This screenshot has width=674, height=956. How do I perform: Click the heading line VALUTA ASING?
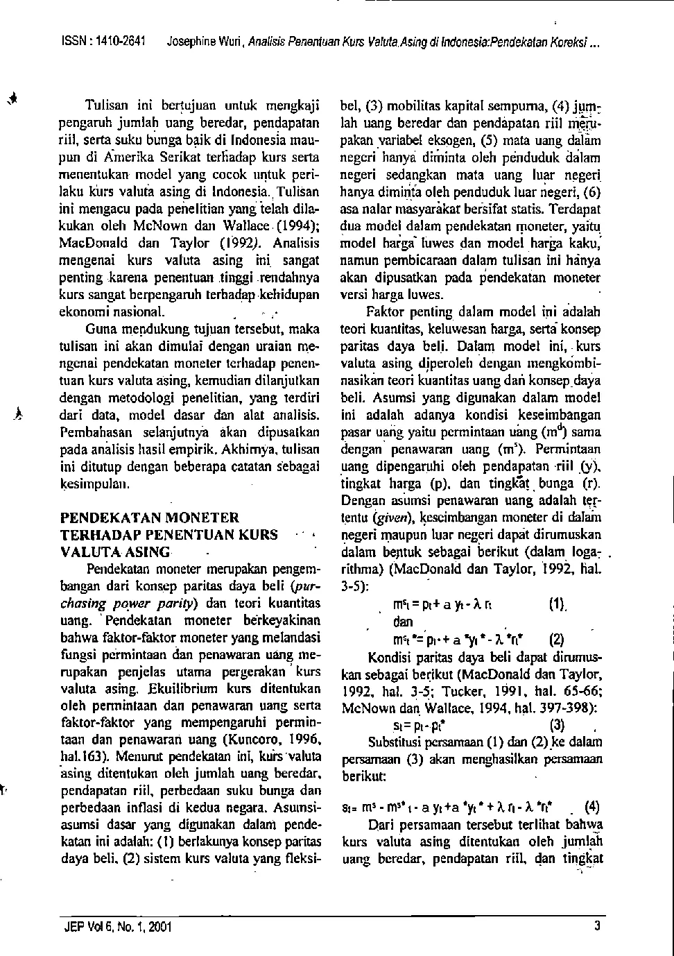point(115,552)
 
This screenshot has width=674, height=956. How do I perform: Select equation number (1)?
point(558,604)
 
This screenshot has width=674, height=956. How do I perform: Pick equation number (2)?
point(558,640)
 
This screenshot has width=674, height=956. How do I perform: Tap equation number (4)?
point(593,807)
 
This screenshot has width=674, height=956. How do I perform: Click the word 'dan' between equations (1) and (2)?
point(403,622)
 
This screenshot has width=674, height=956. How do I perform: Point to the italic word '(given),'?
point(376,516)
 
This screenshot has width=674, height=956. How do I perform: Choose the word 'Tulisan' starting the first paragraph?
point(105,106)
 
